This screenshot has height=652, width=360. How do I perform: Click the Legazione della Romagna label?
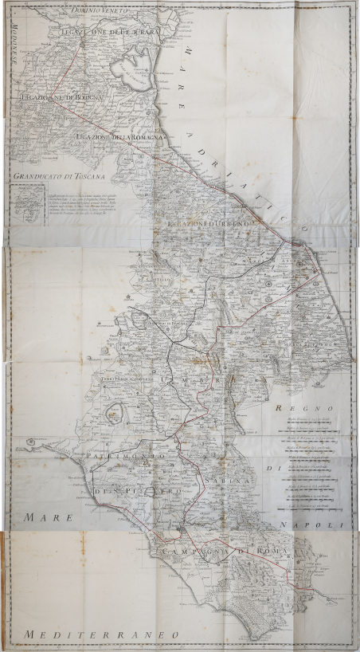click(x=119, y=139)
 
